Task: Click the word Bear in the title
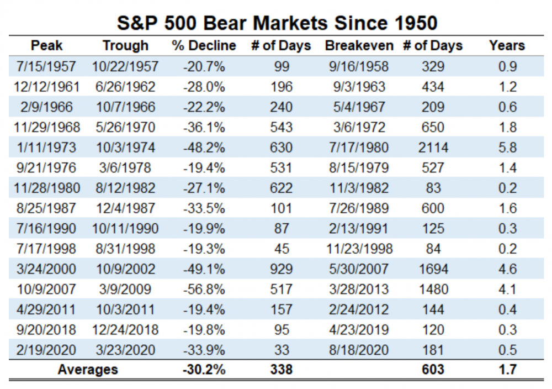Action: tap(241, 23)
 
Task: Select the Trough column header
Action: tap(125, 46)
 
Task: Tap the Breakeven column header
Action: tap(359, 46)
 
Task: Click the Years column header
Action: tap(506, 46)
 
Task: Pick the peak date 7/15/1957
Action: tap(46, 67)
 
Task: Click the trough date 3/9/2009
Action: tap(125, 290)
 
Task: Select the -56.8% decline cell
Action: tap(204, 290)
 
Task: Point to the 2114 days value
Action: tap(433, 148)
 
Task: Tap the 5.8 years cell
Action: tap(506, 148)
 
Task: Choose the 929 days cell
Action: tap(282, 269)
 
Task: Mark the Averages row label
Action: tap(87, 370)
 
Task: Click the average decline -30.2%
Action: tap(204, 370)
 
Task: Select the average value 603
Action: tap(432, 370)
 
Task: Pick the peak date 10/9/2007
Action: tap(46, 290)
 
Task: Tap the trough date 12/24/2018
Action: tap(125, 330)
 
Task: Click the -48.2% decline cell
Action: tap(204, 148)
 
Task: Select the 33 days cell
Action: tap(282, 350)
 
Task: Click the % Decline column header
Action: tap(204, 46)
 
